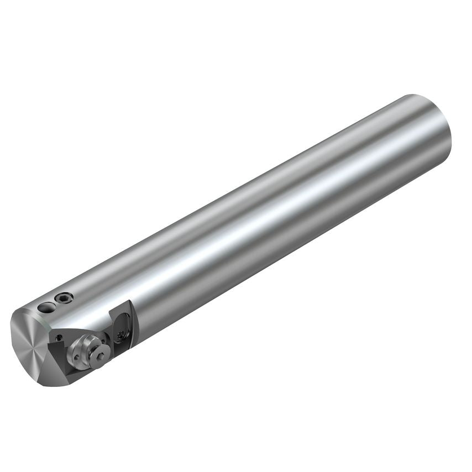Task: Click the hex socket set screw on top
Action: click(64, 298)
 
